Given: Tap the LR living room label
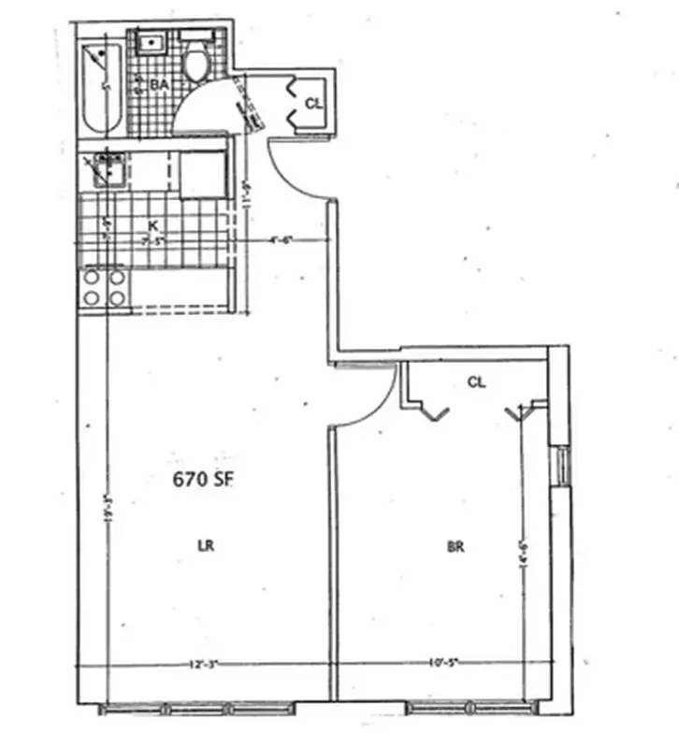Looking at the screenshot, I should (x=206, y=547).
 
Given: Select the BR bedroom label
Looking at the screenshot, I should (x=456, y=548).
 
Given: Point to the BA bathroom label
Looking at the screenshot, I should (x=160, y=85).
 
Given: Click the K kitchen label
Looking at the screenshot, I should (x=152, y=225).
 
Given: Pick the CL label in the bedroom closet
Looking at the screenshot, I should (x=476, y=381).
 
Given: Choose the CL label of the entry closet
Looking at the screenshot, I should (x=314, y=104).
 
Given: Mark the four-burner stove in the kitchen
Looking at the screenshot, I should (x=103, y=288).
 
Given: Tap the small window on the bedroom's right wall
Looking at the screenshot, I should (x=563, y=467).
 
